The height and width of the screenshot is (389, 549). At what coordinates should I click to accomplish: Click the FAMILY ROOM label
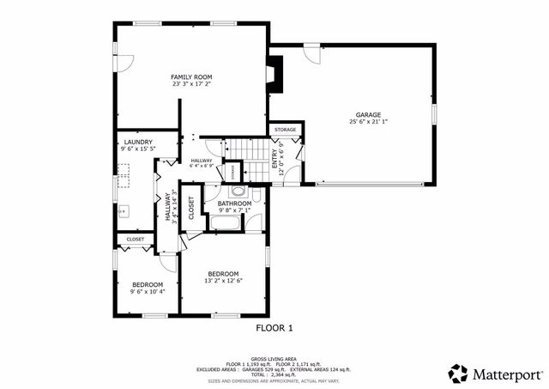pos(191,77)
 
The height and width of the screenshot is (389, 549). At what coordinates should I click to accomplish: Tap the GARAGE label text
pos(369,114)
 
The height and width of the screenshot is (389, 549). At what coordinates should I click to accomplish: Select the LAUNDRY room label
pos(138,142)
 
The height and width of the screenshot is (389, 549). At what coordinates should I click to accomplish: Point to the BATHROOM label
pos(234,204)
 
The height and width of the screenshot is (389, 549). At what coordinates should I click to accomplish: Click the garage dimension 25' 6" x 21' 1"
pos(369,122)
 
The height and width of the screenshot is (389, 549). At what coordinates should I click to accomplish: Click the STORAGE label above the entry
pos(286,130)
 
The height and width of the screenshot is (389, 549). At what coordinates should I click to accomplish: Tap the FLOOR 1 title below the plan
pos(274,327)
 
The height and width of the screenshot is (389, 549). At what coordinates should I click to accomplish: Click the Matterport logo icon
pos(459,374)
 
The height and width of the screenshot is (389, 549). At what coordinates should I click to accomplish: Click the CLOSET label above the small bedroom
pos(136,240)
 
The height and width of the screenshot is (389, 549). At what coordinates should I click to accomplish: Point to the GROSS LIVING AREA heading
pos(274,358)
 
